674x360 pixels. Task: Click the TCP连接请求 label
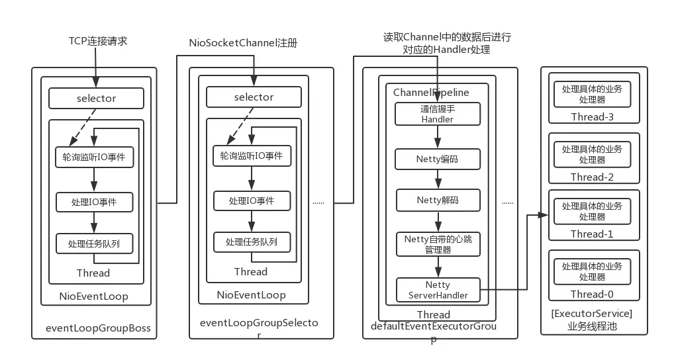tap(98, 41)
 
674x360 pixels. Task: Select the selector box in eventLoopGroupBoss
tap(96, 99)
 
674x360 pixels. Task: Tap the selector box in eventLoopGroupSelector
tap(254, 97)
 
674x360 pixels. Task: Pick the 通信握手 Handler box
tap(437, 114)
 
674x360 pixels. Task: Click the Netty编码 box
tap(437, 159)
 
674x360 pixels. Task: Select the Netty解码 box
tap(437, 200)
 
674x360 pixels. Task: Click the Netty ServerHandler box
tap(437, 290)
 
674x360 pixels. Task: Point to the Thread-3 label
tap(593, 117)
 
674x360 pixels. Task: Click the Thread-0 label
tap(593, 294)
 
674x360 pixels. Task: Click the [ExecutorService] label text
tap(592, 313)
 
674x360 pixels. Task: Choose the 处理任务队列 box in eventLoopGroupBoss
tap(95, 244)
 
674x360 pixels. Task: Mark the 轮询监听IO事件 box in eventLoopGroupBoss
tap(95, 157)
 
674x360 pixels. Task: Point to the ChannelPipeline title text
tap(431, 93)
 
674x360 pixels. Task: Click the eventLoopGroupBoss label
tap(98, 328)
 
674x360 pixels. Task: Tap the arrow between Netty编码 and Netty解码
tap(437, 179)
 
